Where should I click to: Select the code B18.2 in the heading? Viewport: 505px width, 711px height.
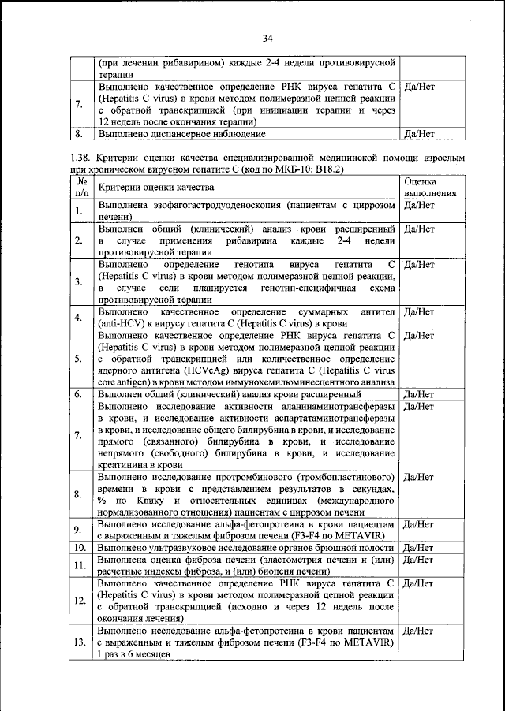(329, 169)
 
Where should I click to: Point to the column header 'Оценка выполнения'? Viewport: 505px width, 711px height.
(430, 187)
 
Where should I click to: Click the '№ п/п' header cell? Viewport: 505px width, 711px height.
(80, 187)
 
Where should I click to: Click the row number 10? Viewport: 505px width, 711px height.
(80, 546)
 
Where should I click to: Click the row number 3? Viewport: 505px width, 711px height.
(80, 282)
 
